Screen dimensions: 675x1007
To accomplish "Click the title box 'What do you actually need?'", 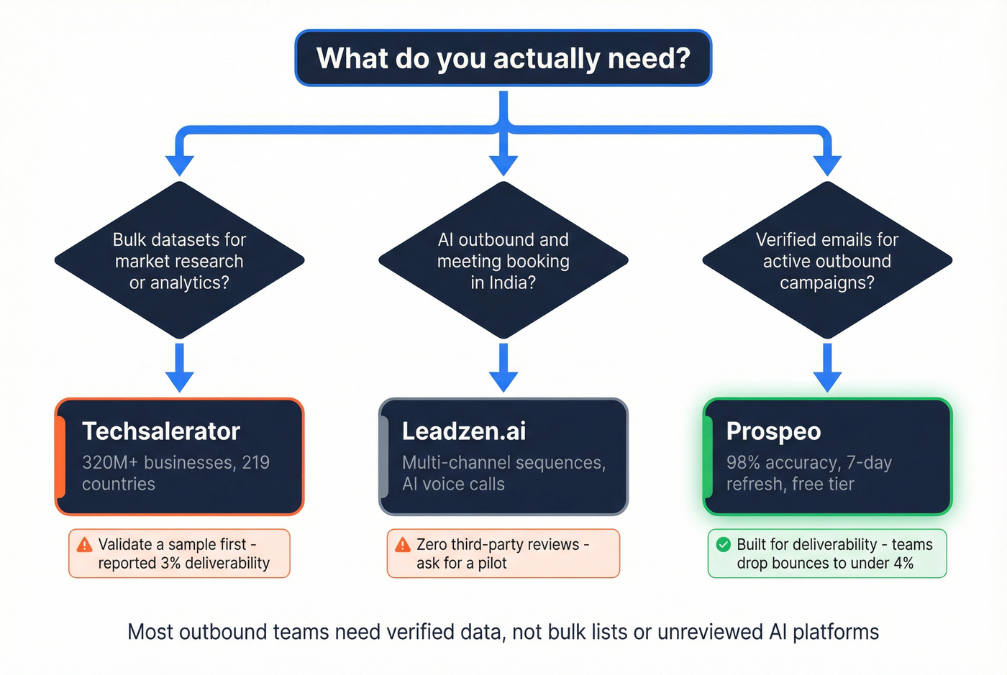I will (x=503, y=58).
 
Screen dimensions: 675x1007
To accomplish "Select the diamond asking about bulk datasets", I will (x=179, y=260).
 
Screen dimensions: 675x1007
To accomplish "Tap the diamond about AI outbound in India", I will (x=503, y=260).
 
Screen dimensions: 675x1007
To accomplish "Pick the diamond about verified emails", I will (x=827, y=260).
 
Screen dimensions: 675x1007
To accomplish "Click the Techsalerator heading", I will (x=160, y=431).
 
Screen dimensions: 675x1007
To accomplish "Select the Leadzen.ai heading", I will (x=464, y=431).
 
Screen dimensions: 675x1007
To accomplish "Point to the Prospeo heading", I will (x=773, y=431).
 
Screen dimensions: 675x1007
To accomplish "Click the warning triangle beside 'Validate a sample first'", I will (x=84, y=545).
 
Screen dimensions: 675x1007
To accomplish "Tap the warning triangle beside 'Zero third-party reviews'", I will (x=403, y=545).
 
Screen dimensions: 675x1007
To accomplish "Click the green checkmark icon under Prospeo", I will (x=723, y=545).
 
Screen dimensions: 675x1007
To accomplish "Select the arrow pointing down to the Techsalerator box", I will (x=179, y=368).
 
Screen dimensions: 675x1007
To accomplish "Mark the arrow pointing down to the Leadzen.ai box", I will (x=503, y=368).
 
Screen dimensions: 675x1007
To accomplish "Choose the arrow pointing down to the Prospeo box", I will (x=827, y=368).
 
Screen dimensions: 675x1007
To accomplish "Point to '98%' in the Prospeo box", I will (x=743, y=463).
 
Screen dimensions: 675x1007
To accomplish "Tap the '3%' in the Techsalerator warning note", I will (x=170, y=564).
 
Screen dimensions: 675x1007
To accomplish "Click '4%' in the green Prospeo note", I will (x=903, y=564).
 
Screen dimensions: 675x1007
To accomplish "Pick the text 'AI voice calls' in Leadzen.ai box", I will (x=453, y=485).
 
